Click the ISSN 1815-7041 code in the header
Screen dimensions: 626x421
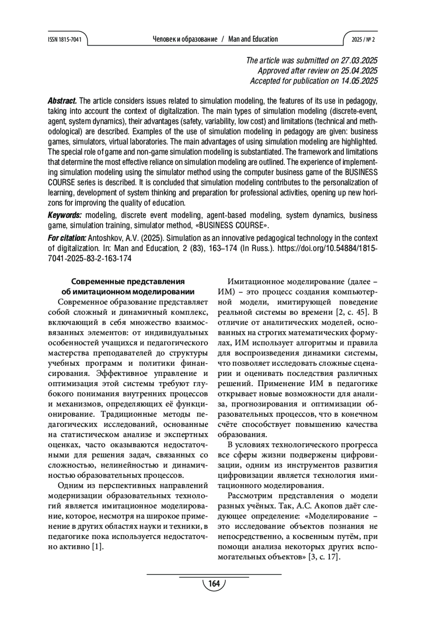pyautogui.click(x=65, y=39)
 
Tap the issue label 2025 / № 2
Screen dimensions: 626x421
pyautogui.click(x=363, y=39)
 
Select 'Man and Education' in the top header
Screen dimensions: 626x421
pyautogui.click(x=253, y=39)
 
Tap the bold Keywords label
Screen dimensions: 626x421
pyautogui.click(x=65, y=215)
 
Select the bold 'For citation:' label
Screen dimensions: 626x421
pyautogui.click(x=67, y=238)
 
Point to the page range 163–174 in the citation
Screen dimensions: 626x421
pyautogui.click(x=222, y=249)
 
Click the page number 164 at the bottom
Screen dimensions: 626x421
pyautogui.click(x=214, y=584)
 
